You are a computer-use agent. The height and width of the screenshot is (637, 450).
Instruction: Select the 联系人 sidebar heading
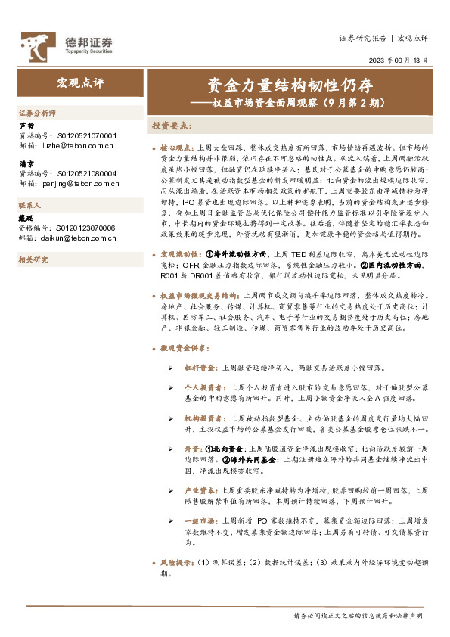coord(31,205)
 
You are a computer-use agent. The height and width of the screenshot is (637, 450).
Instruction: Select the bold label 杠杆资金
coord(200,366)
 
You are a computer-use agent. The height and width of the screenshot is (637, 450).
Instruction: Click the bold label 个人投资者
coord(203,385)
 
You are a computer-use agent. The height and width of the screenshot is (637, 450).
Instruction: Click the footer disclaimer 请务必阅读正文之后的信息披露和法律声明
coord(360,616)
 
